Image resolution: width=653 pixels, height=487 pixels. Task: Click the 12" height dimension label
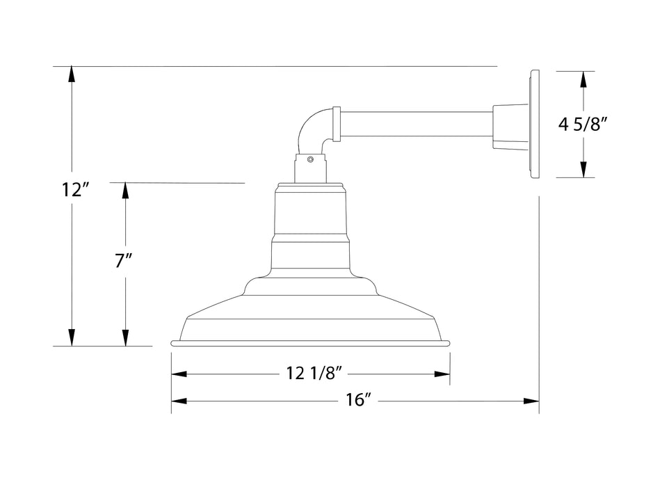[x=72, y=189]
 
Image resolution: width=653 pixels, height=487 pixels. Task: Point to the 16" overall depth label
[x=356, y=401]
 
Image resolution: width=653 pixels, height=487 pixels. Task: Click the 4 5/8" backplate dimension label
[x=583, y=125]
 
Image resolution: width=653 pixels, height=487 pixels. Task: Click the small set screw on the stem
[x=311, y=159]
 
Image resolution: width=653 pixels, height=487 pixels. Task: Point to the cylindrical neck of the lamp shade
[x=311, y=216]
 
